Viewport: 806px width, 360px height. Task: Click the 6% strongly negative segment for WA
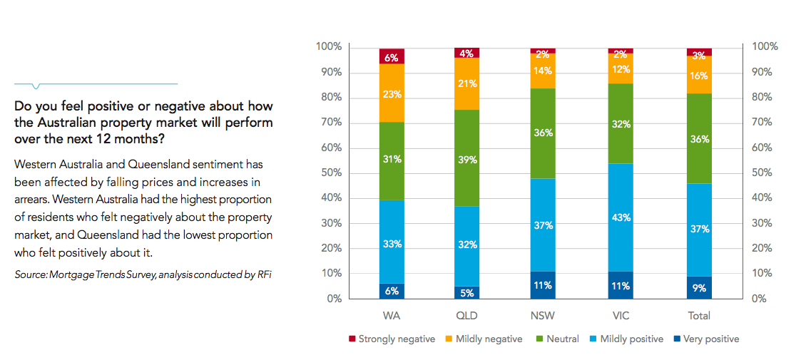click(x=392, y=56)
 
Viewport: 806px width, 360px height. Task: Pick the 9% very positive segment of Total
click(x=699, y=287)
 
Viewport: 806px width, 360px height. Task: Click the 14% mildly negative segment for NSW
click(x=543, y=71)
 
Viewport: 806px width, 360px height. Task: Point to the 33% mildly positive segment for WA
click(x=392, y=242)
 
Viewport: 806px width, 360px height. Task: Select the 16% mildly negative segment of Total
click(x=699, y=75)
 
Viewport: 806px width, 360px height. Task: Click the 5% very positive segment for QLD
click(x=466, y=292)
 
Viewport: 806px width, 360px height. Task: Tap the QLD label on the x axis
click(x=467, y=315)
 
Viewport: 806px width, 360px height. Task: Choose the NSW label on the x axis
click(x=544, y=315)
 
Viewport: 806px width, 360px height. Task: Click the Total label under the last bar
click(x=698, y=315)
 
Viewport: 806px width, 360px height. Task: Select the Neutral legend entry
click(x=562, y=339)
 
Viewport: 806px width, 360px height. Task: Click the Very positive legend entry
click(x=711, y=339)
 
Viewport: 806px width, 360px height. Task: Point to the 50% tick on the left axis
click(x=329, y=173)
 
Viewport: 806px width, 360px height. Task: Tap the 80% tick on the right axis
click(x=764, y=98)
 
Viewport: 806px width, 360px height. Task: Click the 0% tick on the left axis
click(x=332, y=299)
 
